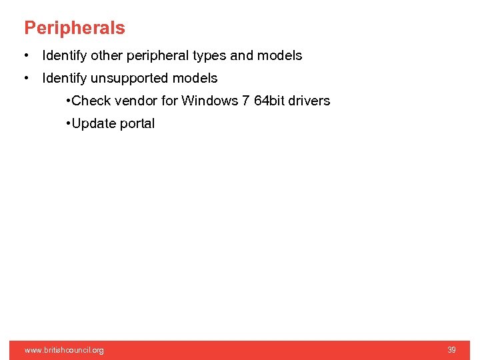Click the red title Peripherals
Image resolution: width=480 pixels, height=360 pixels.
click(x=75, y=28)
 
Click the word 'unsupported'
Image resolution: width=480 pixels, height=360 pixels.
click(x=129, y=79)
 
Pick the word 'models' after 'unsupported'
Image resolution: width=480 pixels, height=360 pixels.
click(x=195, y=78)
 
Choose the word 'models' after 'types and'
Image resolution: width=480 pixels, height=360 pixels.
click(x=279, y=55)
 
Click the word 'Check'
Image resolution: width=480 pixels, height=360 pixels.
click(x=91, y=101)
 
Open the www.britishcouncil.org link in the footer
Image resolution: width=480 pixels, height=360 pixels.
click(x=64, y=350)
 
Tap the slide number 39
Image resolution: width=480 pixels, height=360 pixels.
click(x=451, y=350)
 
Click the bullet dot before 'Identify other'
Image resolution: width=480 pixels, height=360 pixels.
click(x=25, y=55)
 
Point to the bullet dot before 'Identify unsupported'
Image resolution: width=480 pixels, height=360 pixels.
click(x=25, y=78)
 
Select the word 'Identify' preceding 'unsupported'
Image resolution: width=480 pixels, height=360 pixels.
click(x=64, y=78)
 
